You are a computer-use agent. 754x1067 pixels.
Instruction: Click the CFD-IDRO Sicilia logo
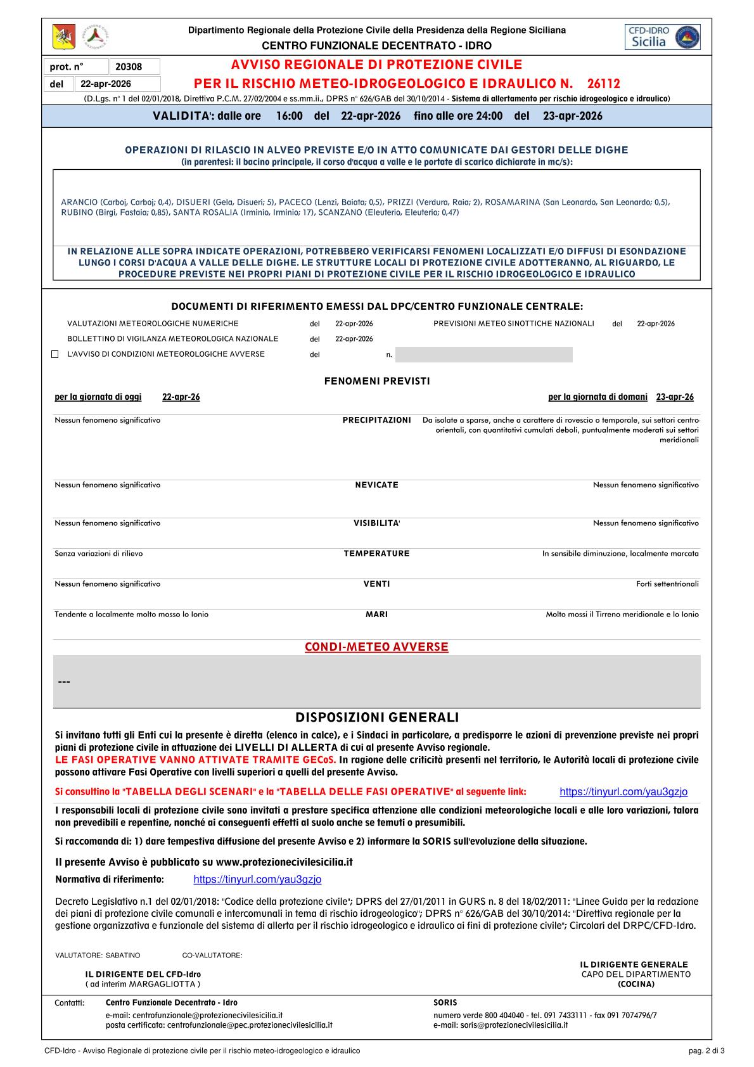pyautogui.click(x=662, y=37)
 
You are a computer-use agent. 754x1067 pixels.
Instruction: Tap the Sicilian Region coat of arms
pyautogui.click(x=63, y=37)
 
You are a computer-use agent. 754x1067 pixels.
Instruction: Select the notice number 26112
pyautogui.click(x=603, y=84)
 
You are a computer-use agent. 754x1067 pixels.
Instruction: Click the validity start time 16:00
pyautogui.click(x=290, y=116)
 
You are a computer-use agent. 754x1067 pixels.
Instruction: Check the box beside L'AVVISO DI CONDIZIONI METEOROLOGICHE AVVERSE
pyautogui.click(x=55, y=354)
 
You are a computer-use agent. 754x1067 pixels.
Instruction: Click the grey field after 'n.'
pyautogui.click(x=483, y=355)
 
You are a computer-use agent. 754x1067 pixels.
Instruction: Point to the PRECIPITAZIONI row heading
pyautogui.click(x=376, y=420)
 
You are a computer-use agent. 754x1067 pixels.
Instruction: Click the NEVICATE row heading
pyautogui.click(x=376, y=485)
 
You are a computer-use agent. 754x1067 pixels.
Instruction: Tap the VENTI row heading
pyautogui.click(x=376, y=584)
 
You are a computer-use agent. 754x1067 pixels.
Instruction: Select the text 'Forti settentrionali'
pyautogui.click(x=667, y=584)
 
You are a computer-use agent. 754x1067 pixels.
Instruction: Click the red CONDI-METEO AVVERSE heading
pyautogui.click(x=376, y=647)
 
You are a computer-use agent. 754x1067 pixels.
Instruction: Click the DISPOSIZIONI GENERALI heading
pyautogui.click(x=377, y=717)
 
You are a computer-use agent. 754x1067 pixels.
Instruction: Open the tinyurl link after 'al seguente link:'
pyautogui.click(x=623, y=792)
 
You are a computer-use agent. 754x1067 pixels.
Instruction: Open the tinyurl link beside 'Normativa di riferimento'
pyautogui.click(x=257, y=879)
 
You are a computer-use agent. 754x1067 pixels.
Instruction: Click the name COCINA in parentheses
pyautogui.click(x=636, y=984)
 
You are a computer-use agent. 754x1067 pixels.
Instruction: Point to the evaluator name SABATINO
pyautogui.click(x=123, y=955)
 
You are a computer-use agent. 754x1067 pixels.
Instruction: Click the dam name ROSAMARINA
pyautogui.click(x=512, y=202)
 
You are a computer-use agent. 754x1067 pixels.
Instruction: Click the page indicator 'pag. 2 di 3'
pyautogui.click(x=706, y=1051)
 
